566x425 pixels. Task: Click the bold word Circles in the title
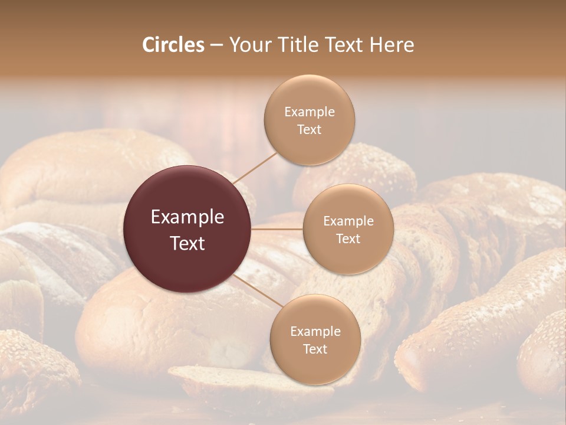coord(173,45)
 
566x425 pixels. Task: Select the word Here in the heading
coord(391,45)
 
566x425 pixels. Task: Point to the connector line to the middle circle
coord(277,228)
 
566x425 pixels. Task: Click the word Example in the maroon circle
coord(187,217)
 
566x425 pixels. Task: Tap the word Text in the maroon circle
coord(187,243)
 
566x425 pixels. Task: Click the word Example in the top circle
coord(310,112)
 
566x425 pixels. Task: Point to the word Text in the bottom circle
coord(315,349)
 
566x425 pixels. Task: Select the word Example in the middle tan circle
coord(348,221)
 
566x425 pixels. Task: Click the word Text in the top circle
coord(309,130)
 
